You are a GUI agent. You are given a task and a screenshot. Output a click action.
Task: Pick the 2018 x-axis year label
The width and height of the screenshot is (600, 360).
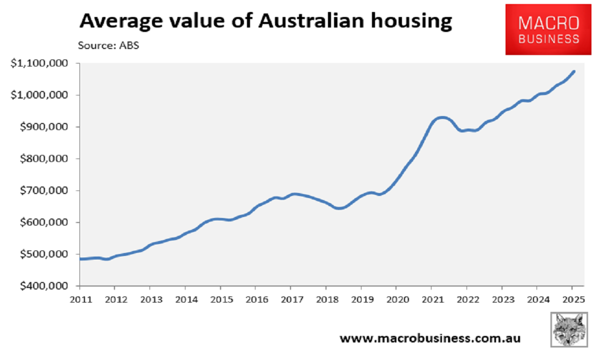pos(325,299)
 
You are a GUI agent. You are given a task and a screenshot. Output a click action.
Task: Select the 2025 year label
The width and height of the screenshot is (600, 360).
pos(572,299)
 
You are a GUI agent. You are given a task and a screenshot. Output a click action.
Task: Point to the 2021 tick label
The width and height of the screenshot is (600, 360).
pos(431,299)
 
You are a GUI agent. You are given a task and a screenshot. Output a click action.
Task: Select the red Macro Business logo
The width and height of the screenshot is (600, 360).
pos(548,30)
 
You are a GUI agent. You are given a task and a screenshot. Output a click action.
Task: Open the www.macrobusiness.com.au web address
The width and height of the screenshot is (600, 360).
pos(429,338)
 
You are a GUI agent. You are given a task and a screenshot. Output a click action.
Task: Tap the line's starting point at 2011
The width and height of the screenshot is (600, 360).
pos(80,259)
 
